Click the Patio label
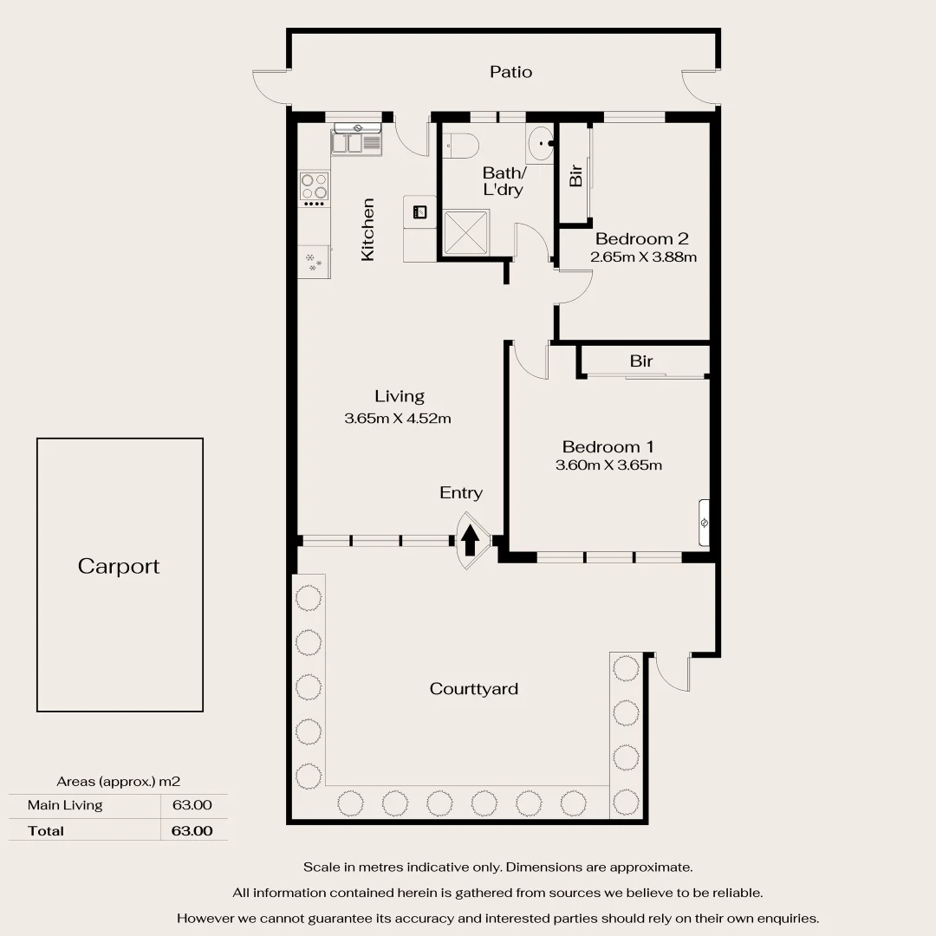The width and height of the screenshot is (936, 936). click(510, 72)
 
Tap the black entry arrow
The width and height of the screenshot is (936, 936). click(470, 542)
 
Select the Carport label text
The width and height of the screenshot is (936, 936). click(119, 566)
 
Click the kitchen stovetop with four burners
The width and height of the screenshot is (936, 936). click(314, 186)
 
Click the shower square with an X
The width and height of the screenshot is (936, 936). click(466, 232)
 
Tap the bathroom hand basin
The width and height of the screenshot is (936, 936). click(540, 143)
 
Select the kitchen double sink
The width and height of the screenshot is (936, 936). click(356, 141)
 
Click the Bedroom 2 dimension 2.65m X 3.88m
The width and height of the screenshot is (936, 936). click(643, 257)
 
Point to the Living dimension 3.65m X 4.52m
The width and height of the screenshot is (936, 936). click(398, 419)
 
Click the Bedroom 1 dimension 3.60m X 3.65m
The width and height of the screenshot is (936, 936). click(608, 465)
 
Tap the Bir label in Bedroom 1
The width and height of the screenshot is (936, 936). click(641, 361)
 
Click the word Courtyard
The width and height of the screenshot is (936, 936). click(474, 689)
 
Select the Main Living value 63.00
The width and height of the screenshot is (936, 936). click(192, 805)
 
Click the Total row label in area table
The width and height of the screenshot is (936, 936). click(46, 830)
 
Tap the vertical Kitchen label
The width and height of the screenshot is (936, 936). click(367, 230)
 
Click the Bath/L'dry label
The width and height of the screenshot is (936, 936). click(504, 181)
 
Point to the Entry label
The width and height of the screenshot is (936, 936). click(460, 492)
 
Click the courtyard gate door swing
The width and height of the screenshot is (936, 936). click(673, 672)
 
